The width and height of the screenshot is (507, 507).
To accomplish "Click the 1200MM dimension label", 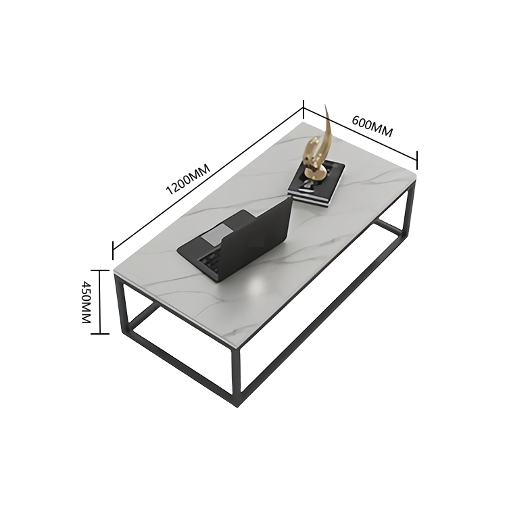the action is [x=188, y=179].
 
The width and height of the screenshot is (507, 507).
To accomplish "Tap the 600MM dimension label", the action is [x=372, y=126].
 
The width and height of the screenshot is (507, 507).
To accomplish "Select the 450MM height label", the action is [x=86, y=302].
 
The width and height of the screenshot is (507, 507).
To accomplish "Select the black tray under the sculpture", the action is [x=317, y=183].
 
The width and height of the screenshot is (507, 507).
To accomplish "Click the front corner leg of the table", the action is [x=236, y=375].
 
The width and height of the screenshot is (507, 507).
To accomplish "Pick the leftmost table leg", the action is [x=120, y=305].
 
